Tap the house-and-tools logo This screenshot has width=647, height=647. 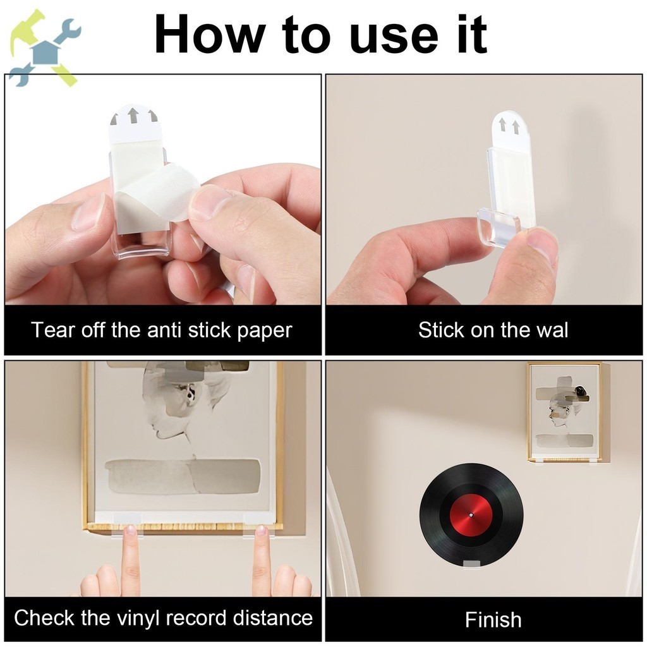[x=45, y=49]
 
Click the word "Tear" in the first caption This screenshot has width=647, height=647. [x=52, y=330]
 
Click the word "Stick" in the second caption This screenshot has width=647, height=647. [x=440, y=330]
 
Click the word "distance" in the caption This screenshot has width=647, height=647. [x=273, y=618]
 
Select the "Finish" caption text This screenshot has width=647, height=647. [x=493, y=620]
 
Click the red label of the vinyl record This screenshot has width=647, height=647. [x=471, y=515]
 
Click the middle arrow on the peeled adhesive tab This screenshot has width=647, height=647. [x=133, y=116]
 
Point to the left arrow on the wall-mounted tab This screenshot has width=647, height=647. [x=502, y=124]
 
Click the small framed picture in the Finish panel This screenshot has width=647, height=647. [x=564, y=412]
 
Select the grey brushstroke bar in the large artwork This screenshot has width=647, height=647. [x=183, y=476]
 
